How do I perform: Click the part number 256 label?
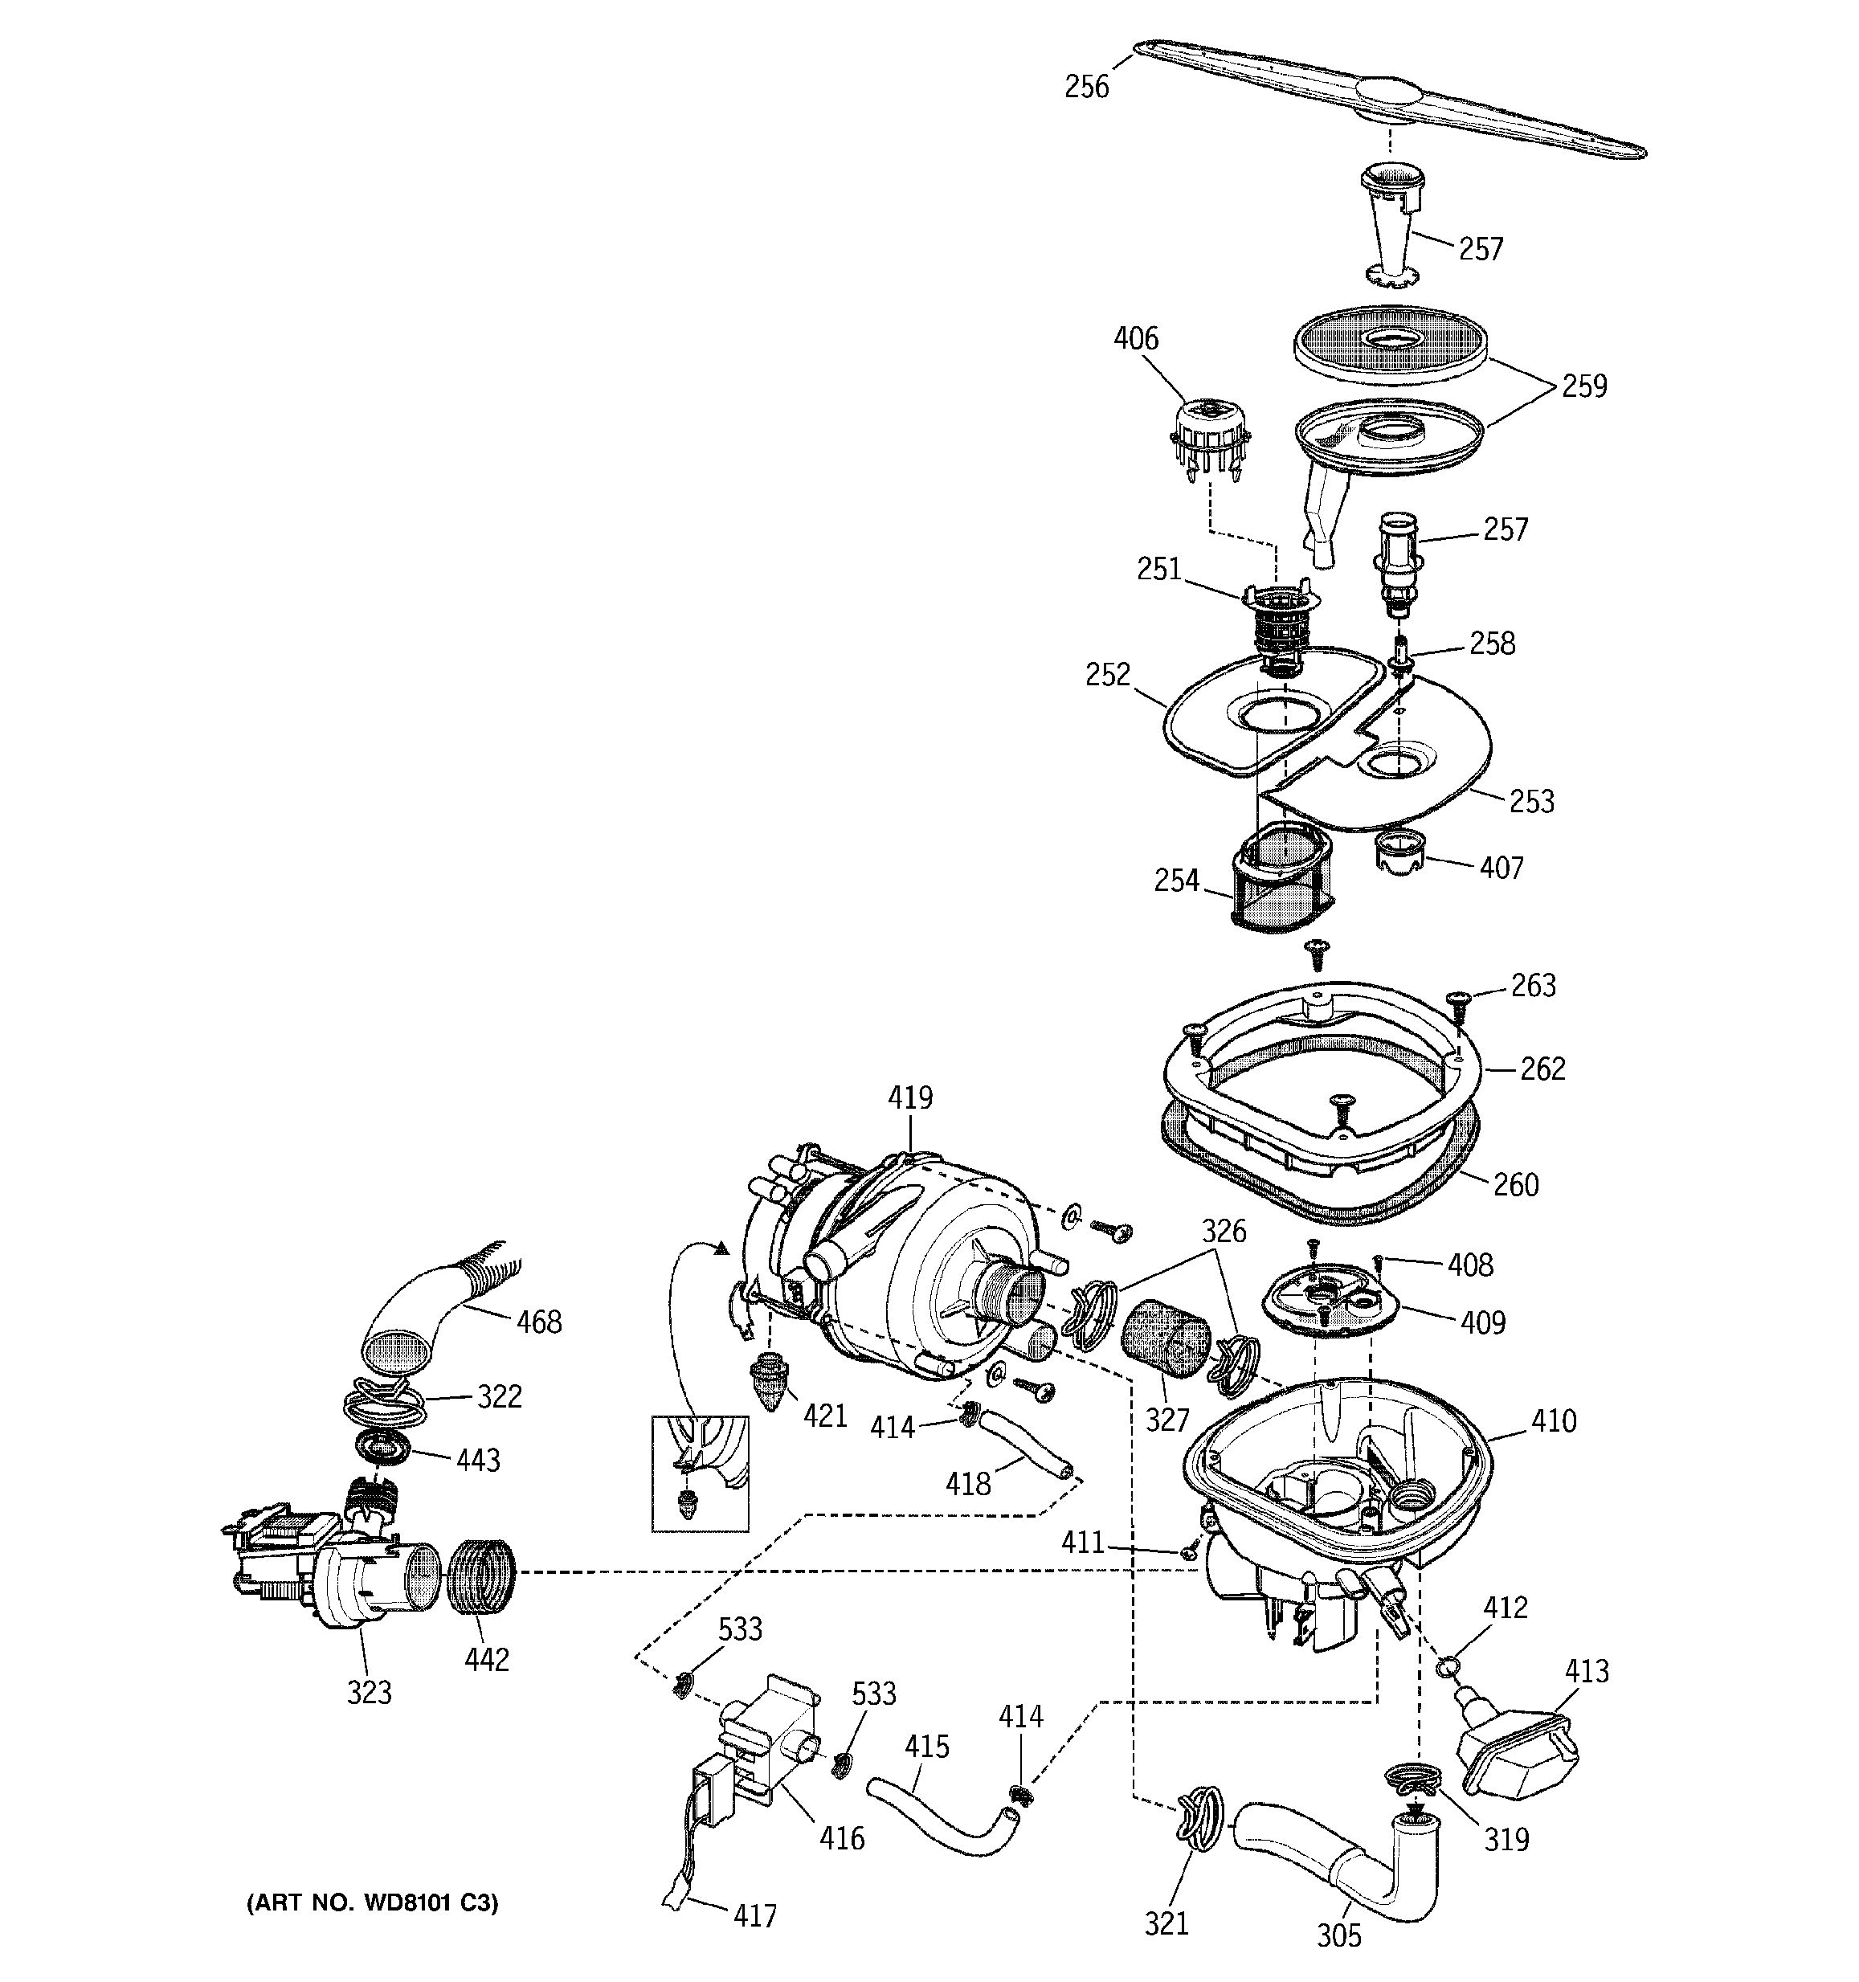point(1085,88)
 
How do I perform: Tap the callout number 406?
point(1135,339)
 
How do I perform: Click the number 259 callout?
point(1584,386)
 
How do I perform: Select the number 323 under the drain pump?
point(369,1692)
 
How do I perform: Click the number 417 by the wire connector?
point(754,1915)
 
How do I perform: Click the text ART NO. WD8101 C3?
point(372,1903)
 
